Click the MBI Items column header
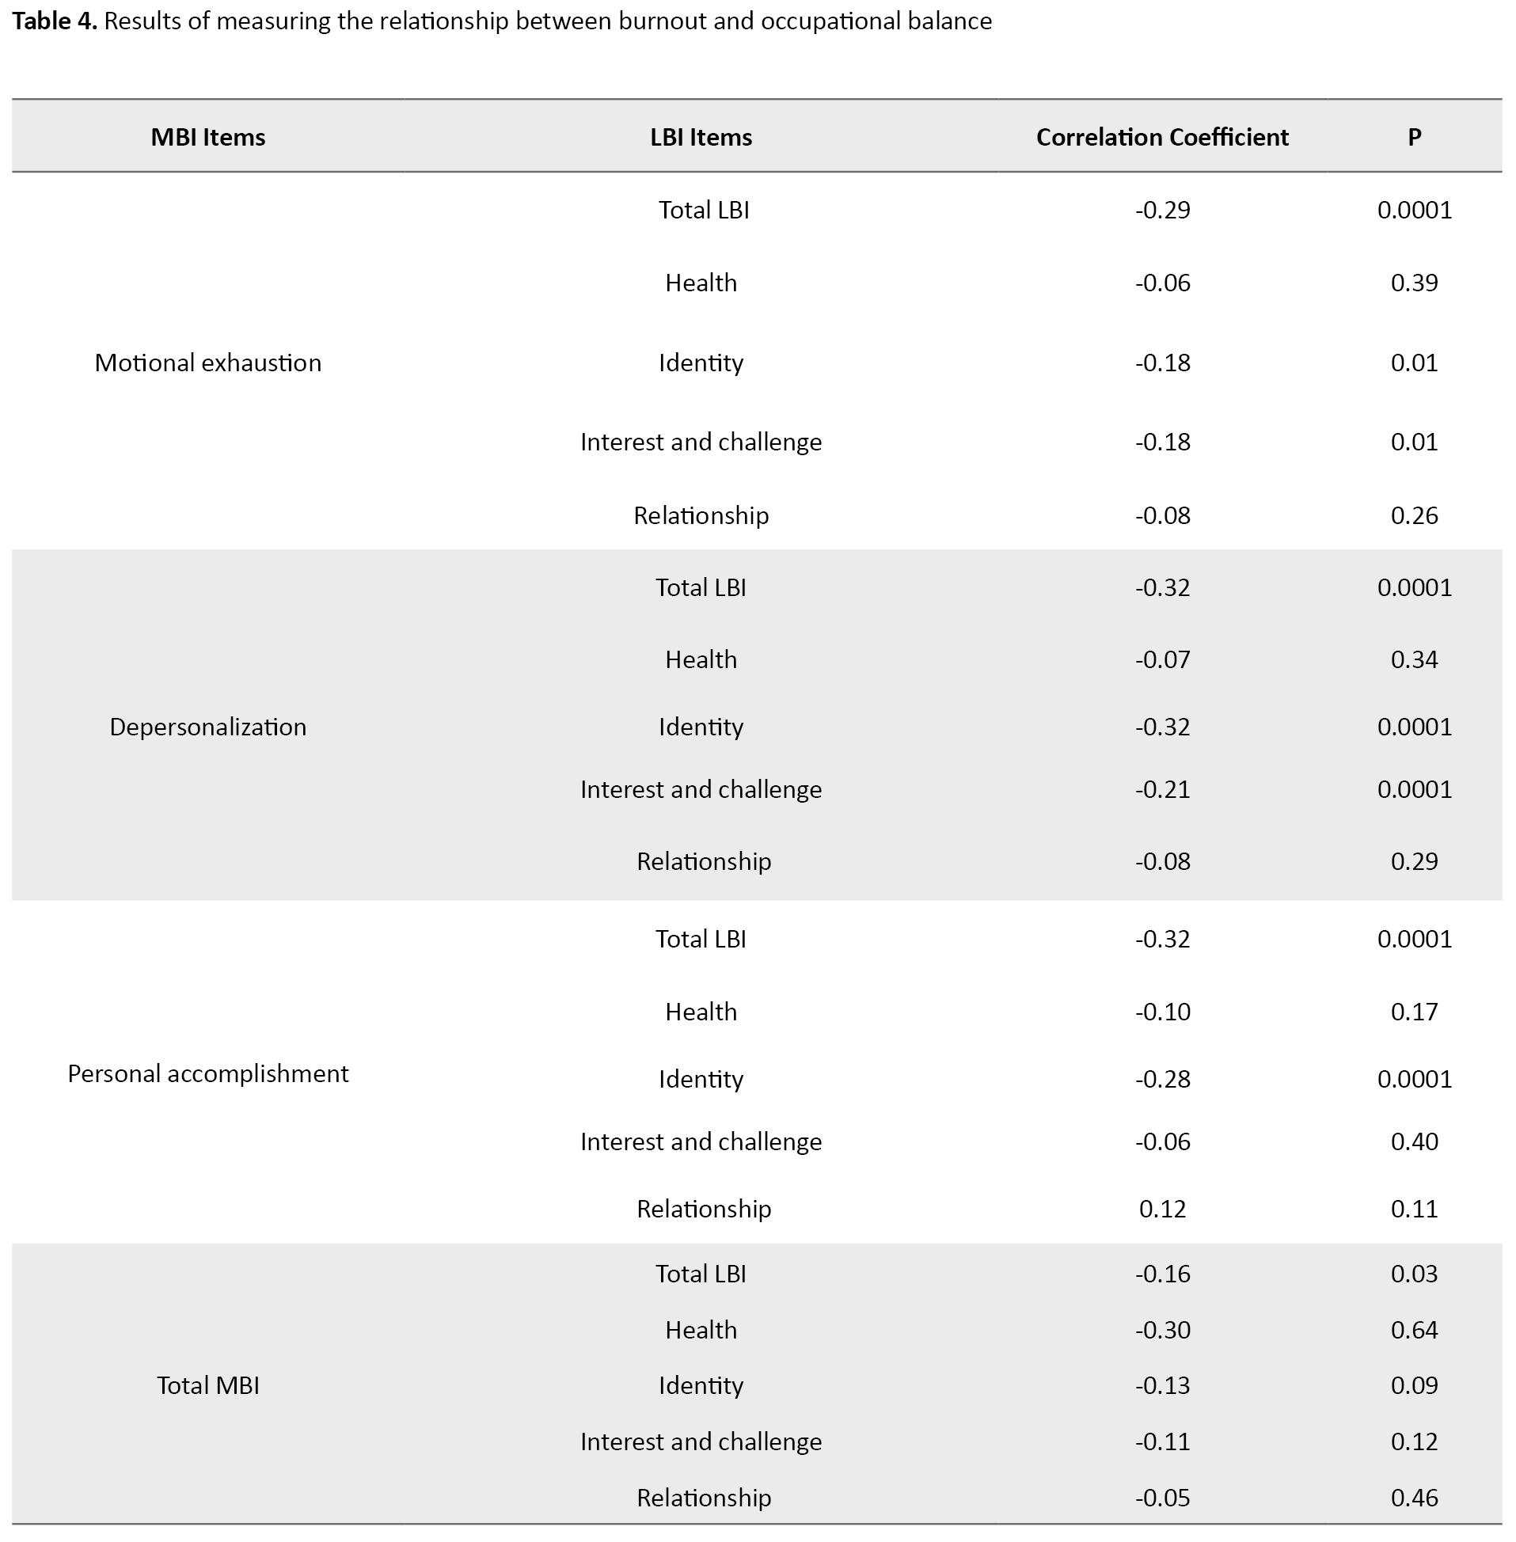208,138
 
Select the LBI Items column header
701,138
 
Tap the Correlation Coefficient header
1162,138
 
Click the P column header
1414,138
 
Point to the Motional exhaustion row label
208,363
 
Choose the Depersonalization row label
208,727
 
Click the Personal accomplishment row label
208,1074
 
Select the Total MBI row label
208,1386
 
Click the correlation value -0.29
1162,210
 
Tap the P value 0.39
1414,283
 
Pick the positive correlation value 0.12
1162,1210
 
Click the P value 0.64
1414,1330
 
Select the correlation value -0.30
1162,1330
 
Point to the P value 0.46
1414,1498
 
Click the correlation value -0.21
1162,790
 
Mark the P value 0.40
1414,1142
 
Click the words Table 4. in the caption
55,21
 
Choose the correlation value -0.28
1162,1080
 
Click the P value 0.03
1414,1274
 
